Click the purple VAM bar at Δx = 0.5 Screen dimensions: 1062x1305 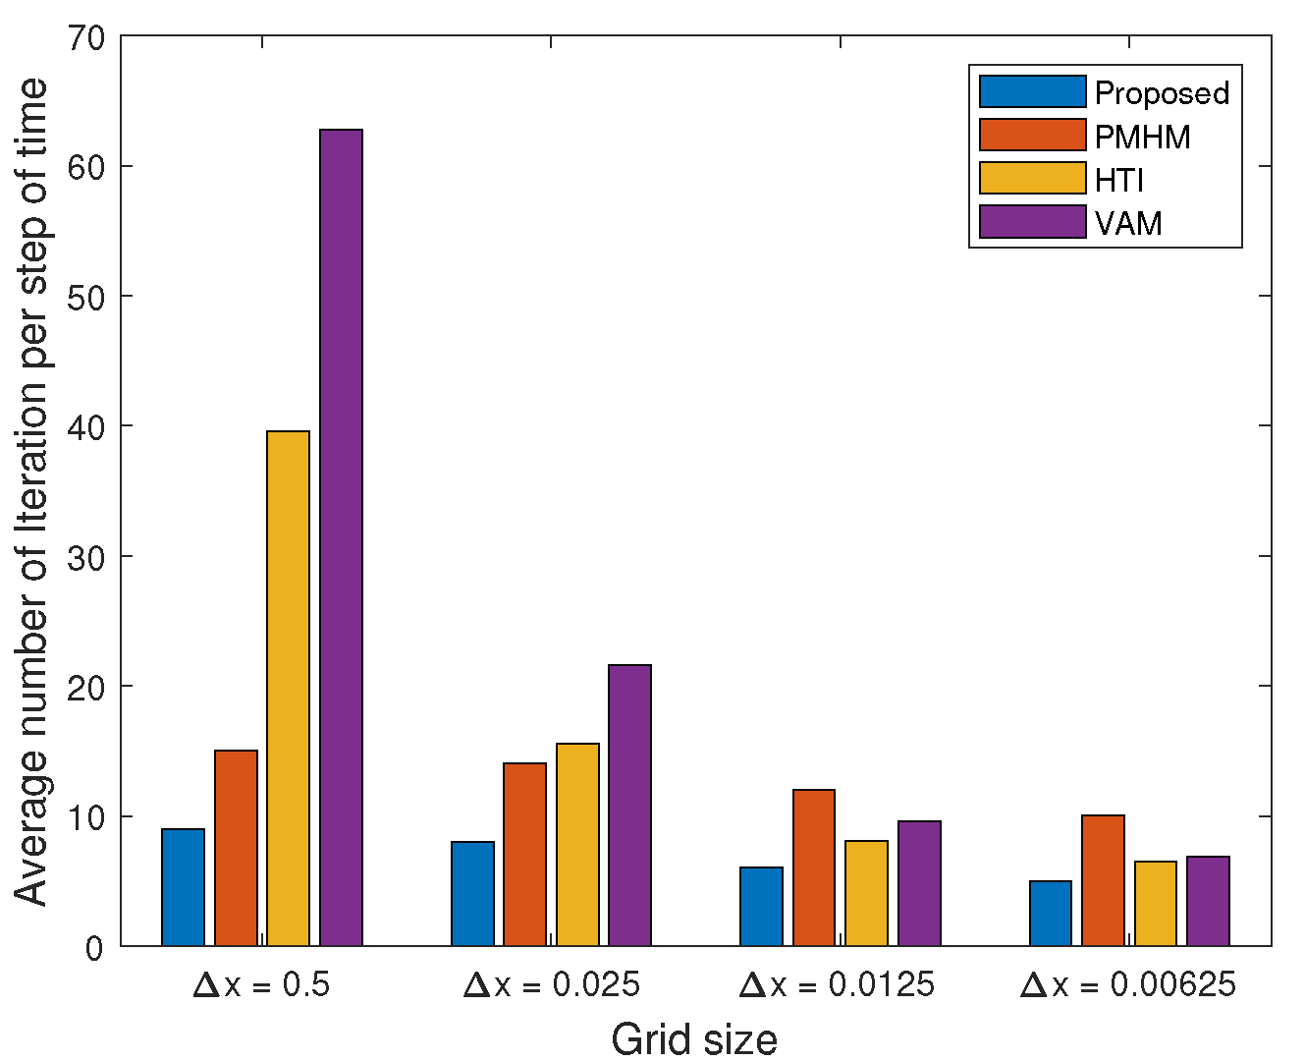pos(341,537)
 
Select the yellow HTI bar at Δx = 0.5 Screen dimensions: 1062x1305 pos(288,688)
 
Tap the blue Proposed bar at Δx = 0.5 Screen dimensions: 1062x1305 pos(183,887)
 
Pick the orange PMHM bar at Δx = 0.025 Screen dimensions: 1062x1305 pos(524,854)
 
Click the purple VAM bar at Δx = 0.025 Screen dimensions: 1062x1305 pos(629,805)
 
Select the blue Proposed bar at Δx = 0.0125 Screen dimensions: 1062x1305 pos(761,906)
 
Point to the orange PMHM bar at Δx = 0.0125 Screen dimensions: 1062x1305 pos(813,867)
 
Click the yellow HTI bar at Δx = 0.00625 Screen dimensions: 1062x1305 pos(1155,903)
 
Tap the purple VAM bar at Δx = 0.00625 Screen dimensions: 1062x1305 pos(1208,901)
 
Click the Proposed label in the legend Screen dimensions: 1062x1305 pos(1162,93)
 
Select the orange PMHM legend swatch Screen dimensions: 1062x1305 pos(1032,136)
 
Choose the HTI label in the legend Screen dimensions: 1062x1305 pos(1119,180)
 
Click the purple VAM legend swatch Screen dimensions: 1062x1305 pos(1032,222)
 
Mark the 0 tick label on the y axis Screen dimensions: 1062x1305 pos(94,948)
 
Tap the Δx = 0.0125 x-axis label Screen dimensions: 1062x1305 pos(837,984)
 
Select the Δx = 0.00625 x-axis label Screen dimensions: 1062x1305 pos(1127,984)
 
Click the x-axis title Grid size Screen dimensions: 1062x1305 pos(694,1039)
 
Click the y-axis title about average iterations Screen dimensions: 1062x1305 pos(31,491)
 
